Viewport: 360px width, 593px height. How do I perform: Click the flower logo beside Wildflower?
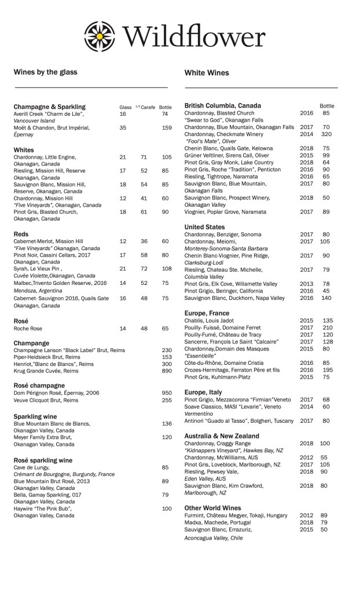pos(101,35)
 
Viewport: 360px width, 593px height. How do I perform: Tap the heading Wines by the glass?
pos(45,72)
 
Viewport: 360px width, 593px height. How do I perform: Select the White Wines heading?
pos(207,73)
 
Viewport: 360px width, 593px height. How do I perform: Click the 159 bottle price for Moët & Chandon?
pos(167,128)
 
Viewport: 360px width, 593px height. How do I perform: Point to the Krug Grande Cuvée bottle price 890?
pos(167,371)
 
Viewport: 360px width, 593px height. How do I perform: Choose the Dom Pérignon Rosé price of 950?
pos(167,393)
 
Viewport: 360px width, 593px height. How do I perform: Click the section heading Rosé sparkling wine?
pos(43,460)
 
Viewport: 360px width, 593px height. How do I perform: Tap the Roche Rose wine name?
pos(28,328)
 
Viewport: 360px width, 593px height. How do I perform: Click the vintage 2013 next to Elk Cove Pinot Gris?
pos(306,284)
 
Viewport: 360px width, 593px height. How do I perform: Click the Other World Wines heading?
pos(212,508)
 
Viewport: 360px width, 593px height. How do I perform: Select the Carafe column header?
pos(148,107)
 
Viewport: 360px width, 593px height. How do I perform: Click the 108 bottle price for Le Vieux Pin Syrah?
pos(167,269)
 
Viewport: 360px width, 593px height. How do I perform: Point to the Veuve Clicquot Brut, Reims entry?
pos(46,400)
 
